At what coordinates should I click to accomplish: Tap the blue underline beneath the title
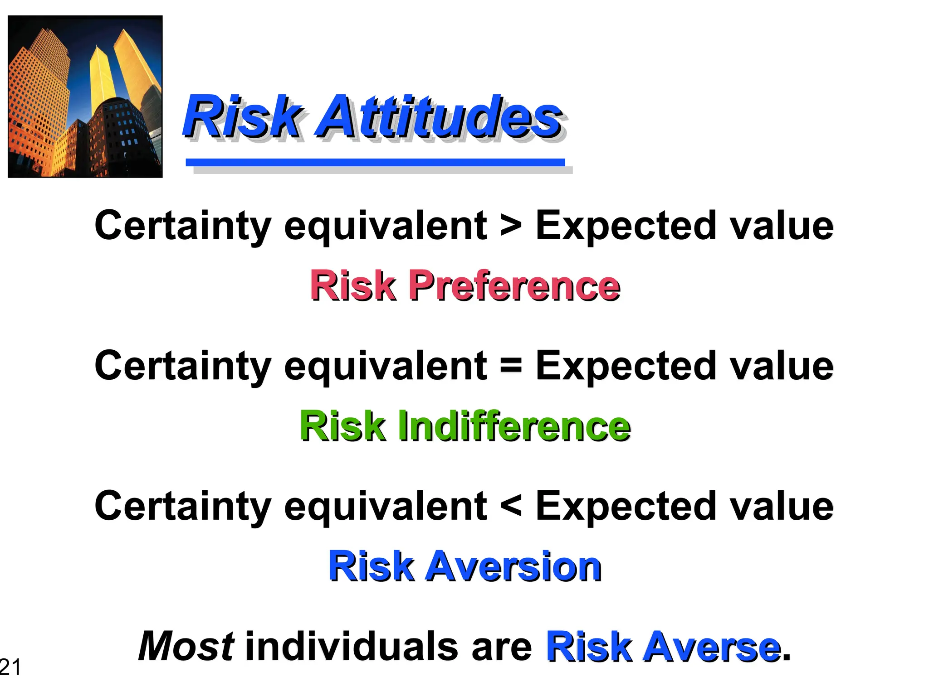tap(375, 162)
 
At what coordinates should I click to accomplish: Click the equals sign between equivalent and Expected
tap(511, 366)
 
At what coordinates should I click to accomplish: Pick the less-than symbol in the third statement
tap(511, 506)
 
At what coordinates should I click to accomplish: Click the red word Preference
tap(514, 285)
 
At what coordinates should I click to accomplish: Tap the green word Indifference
tap(514, 426)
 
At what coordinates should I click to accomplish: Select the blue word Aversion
tap(512, 566)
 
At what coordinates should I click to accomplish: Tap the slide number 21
tap(10, 667)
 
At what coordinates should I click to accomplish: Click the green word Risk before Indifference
tap(342, 426)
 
